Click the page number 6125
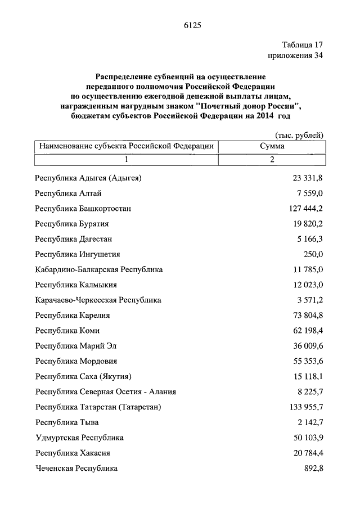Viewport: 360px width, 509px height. click(x=192, y=25)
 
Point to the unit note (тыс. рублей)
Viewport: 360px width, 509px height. click(x=299, y=135)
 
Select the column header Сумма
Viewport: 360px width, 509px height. click(x=272, y=146)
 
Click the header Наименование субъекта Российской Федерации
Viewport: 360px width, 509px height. click(x=126, y=146)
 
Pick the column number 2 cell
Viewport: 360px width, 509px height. click(x=272, y=160)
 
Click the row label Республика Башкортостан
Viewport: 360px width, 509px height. click(x=83, y=209)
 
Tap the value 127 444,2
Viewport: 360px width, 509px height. click(x=306, y=209)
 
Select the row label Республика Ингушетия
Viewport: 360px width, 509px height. click(x=77, y=254)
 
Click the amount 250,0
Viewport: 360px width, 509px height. click(x=312, y=254)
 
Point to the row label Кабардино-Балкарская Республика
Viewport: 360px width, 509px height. click(x=98, y=269)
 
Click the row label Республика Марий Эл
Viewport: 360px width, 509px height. click(x=76, y=346)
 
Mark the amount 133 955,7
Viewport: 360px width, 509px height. click(x=306, y=407)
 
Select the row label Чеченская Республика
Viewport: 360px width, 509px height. click(x=76, y=467)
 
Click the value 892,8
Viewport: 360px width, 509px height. click(x=313, y=467)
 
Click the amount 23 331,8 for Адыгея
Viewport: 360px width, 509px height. click(x=308, y=178)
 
